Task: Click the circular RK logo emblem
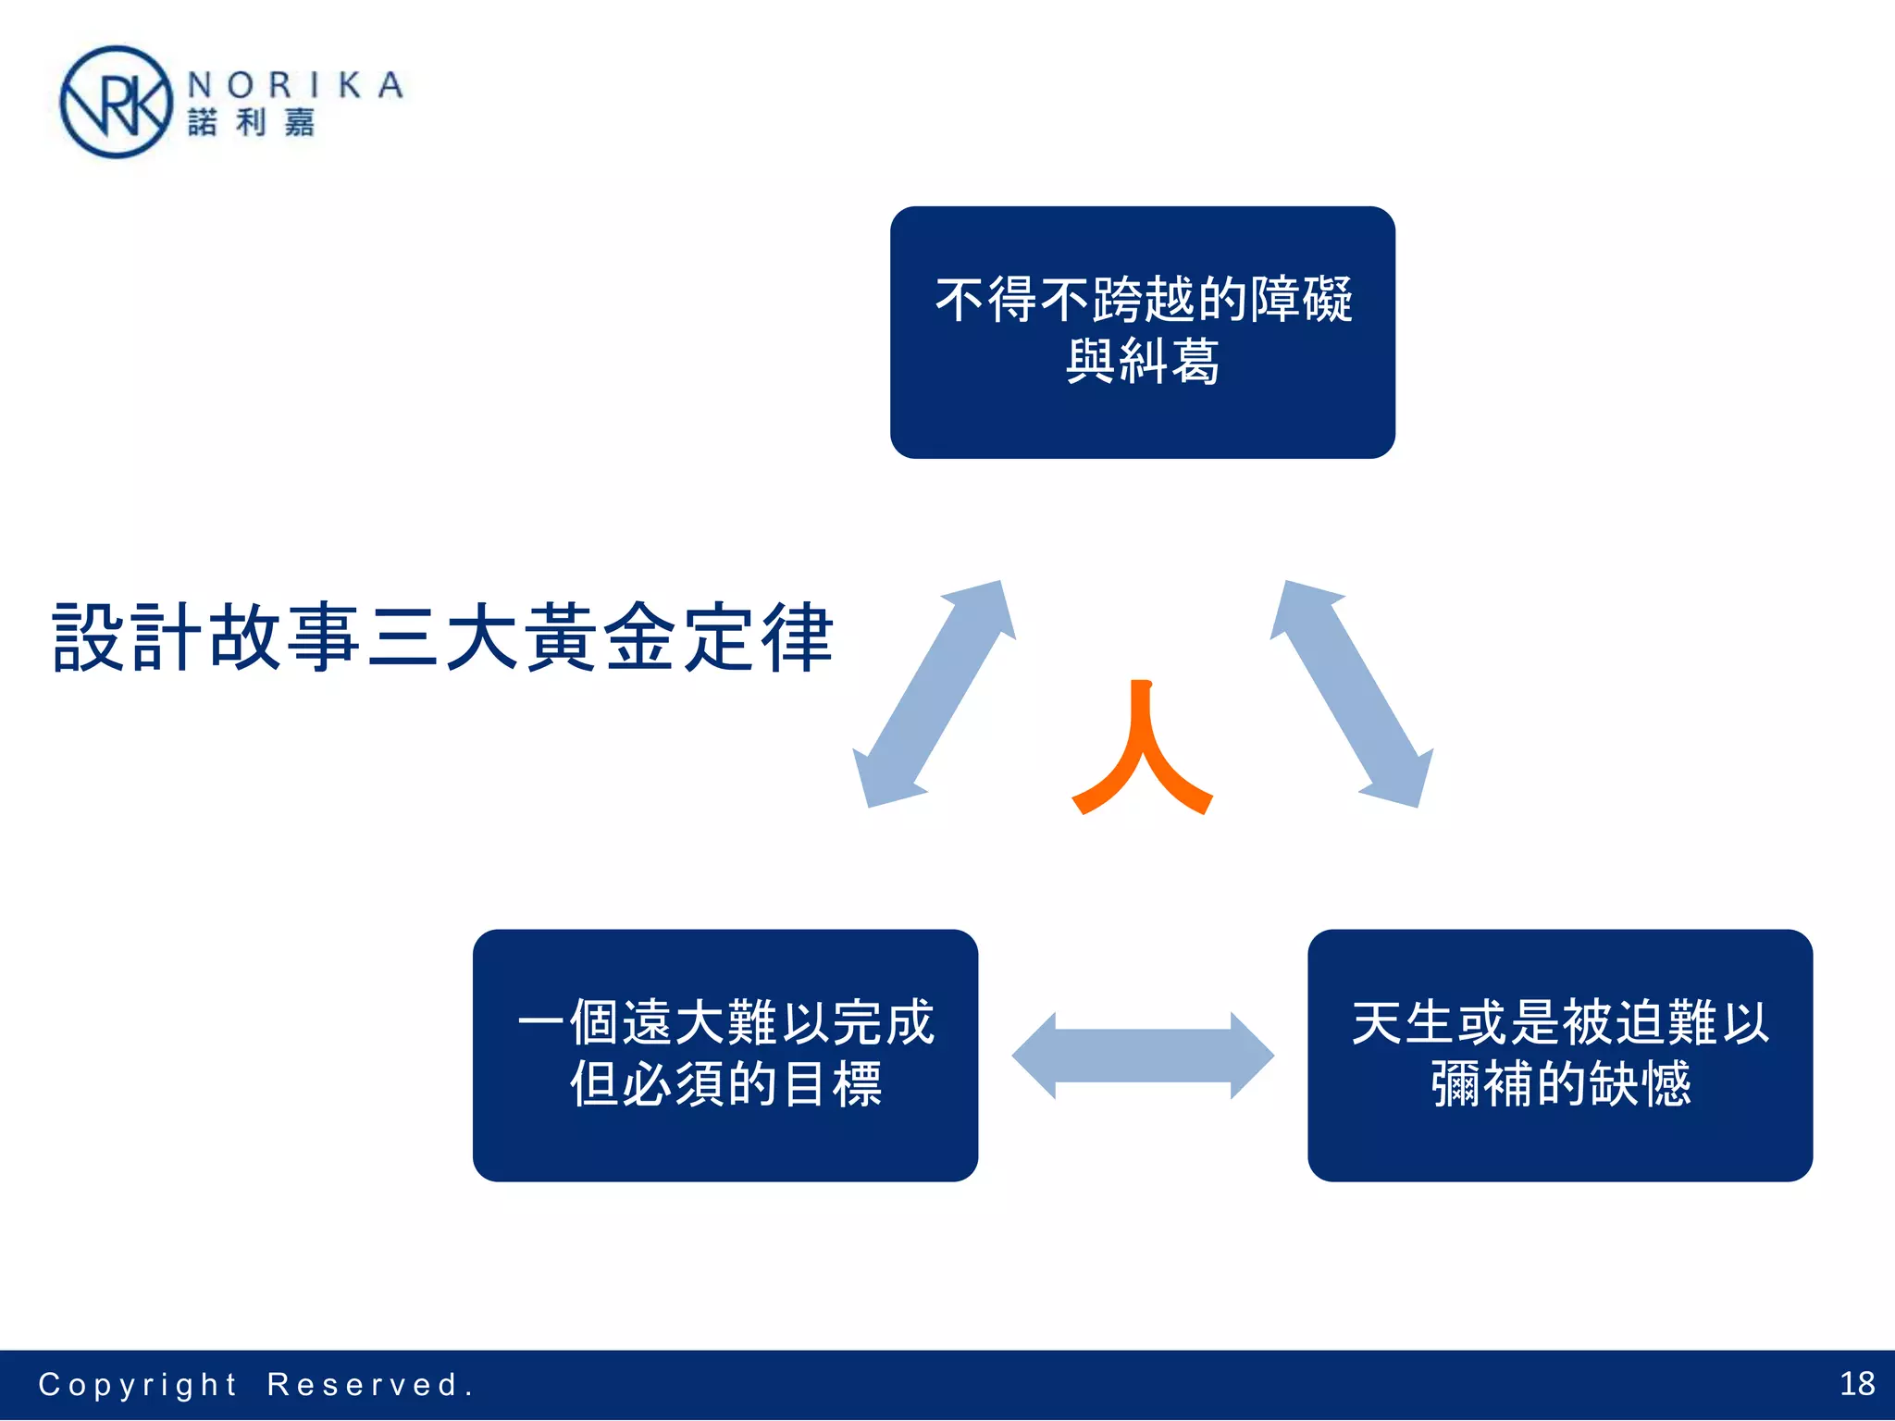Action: [x=116, y=103]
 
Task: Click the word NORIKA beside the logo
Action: [x=295, y=85]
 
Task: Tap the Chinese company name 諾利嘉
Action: [x=251, y=123]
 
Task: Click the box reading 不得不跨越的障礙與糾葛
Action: [x=1142, y=332]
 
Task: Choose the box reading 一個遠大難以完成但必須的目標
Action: [x=725, y=1055]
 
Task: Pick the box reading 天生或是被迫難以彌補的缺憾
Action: [x=1559, y=1055]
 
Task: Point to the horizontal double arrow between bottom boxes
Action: [x=1143, y=1056]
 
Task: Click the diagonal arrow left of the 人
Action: [x=934, y=694]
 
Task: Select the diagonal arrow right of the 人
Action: [x=1352, y=694]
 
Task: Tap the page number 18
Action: [x=1857, y=1384]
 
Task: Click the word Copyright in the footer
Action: [x=138, y=1385]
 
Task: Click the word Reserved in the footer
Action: [x=363, y=1385]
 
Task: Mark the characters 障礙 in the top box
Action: [x=1301, y=300]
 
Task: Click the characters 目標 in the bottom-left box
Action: [x=831, y=1084]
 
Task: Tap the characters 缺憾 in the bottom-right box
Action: [x=1640, y=1084]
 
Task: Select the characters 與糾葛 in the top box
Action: [x=1142, y=361]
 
